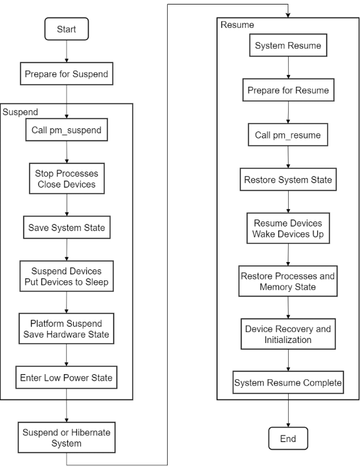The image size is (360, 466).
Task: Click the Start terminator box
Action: (67, 29)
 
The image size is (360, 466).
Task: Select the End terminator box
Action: (288, 438)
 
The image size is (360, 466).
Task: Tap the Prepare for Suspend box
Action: (67, 74)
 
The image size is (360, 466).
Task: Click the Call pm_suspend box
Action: (67, 130)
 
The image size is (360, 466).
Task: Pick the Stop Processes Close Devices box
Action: (67, 179)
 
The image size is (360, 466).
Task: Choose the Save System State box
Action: (67, 227)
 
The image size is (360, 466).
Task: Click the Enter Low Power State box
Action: (66, 377)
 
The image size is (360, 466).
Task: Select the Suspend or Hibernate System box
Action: (67, 438)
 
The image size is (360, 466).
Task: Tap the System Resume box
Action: (288, 45)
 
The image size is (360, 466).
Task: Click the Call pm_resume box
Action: (288, 135)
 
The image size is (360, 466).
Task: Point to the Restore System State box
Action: (288, 179)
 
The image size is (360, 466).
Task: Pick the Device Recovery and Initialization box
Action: (288, 334)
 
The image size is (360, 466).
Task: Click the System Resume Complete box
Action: (288, 383)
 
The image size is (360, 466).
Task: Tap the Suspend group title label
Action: (20, 112)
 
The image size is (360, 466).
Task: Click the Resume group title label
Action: (237, 25)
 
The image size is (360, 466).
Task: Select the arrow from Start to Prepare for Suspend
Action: (67, 51)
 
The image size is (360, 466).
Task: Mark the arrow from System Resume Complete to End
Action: (288, 410)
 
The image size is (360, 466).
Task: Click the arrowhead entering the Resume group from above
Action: (287, 16)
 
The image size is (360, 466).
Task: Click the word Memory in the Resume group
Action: (273, 287)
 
